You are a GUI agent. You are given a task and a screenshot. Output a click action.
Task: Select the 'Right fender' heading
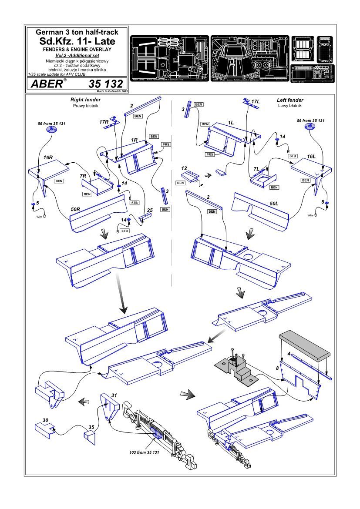point(86,100)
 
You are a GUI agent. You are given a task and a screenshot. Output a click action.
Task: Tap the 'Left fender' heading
point(290,100)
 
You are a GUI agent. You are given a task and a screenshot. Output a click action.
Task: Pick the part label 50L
point(274,203)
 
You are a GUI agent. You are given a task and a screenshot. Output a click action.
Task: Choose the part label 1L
point(231,123)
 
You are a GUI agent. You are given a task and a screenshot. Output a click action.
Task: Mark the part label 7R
point(84,175)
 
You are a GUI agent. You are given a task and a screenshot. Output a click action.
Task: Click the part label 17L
point(256,101)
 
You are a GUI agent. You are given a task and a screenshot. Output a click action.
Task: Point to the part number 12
point(184,168)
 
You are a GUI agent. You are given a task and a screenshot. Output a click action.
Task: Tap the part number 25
point(150,211)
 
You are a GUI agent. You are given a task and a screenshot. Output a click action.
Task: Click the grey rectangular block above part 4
point(303,344)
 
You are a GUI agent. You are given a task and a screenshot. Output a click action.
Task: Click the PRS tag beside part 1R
point(166,144)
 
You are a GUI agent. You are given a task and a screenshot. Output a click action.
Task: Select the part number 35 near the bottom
point(91,427)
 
